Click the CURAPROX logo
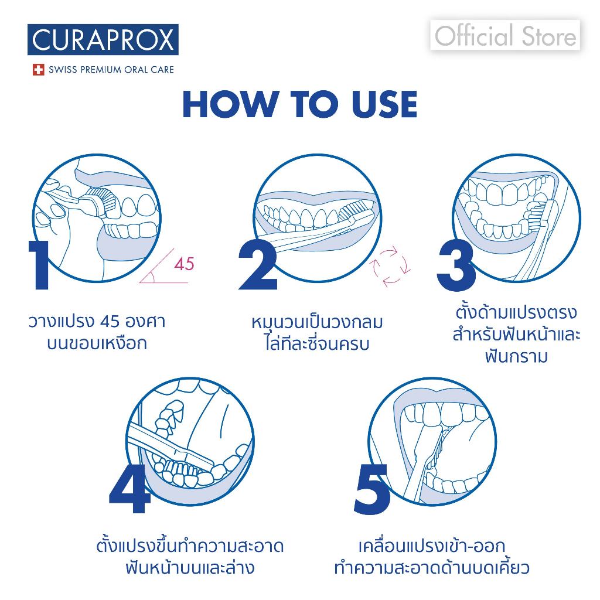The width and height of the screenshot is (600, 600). click(x=103, y=40)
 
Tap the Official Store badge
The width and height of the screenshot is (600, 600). click(x=505, y=36)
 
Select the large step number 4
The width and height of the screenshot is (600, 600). click(x=129, y=489)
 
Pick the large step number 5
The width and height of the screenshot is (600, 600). click(x=371, y=489)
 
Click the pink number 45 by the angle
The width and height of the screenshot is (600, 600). click(x=183, y=264)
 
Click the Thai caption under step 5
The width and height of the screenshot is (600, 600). click(x=432, y=557)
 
